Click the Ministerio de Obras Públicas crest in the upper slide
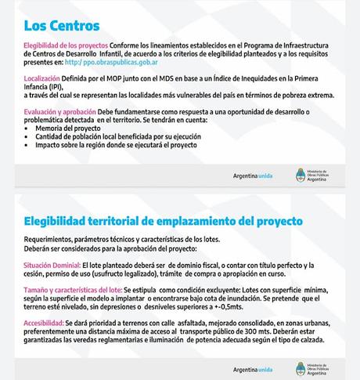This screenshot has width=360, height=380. point(302,173)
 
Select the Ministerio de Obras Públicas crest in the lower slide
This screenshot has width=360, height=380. point(302,367)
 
